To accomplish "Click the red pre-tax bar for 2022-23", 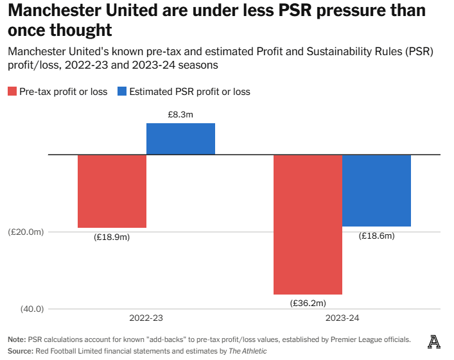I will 112,191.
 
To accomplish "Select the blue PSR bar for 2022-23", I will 180,139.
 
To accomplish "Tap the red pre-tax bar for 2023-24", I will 308,225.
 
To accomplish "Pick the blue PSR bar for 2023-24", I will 376,191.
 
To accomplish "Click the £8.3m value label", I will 180,114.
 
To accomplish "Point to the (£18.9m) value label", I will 112,237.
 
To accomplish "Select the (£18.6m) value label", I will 376,236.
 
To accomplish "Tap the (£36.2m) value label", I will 308,304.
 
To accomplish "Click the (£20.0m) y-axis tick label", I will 26,232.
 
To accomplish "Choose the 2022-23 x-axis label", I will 146,318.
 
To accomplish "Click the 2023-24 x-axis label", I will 342,318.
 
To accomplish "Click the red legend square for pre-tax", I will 12,92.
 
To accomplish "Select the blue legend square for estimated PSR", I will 121,92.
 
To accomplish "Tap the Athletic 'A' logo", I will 434,343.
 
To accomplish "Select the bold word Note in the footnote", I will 16,339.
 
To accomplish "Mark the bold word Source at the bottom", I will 21,351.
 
